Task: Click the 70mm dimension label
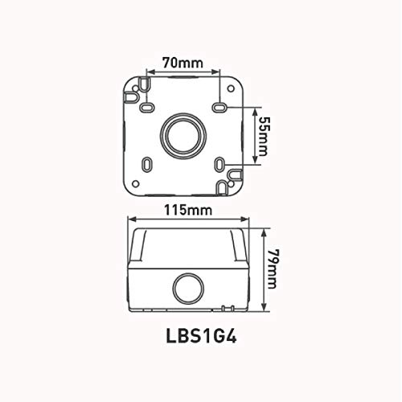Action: click(x=183, y=64)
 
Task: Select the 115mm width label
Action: click(x=188, y=210)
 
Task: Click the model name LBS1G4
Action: click(x=202, y=336)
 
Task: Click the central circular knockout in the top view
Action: click(x=183, y=136)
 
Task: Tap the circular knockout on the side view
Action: click(x=188, y=289)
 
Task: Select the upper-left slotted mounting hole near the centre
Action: click(x=147, y=108)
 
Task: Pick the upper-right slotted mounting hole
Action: click(x=219, y=108)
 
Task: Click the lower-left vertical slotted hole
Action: click(x=147, y=164)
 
